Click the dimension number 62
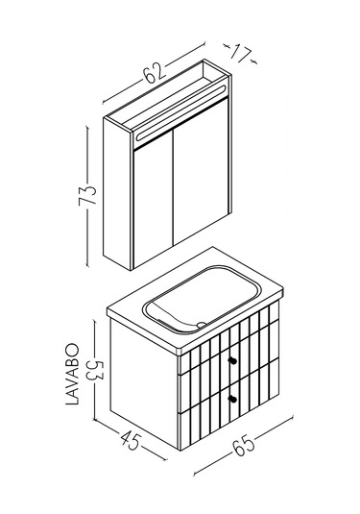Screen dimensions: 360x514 [x=154, y=74]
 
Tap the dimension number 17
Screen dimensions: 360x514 [x=241, y=54]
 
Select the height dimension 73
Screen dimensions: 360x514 [x=87, y=195]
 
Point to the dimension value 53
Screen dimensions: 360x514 [x=95, y=370]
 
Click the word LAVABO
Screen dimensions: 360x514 [x=72, y=374]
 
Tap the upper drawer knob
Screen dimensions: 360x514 [x=233, y=360]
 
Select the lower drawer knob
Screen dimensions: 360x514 [x=233, y=399]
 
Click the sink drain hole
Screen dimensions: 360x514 [x=202, y=325]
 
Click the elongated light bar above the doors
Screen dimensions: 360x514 [x=180, y=113]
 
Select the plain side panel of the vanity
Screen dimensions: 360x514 [x=144, y=380]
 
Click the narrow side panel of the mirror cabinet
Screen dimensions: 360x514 [x=118, y=193]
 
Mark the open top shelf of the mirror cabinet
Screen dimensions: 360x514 [x=167, y=98]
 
